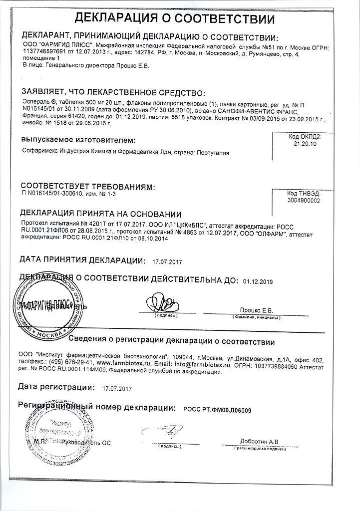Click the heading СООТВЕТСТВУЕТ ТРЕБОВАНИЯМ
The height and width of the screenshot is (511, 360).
87,187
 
